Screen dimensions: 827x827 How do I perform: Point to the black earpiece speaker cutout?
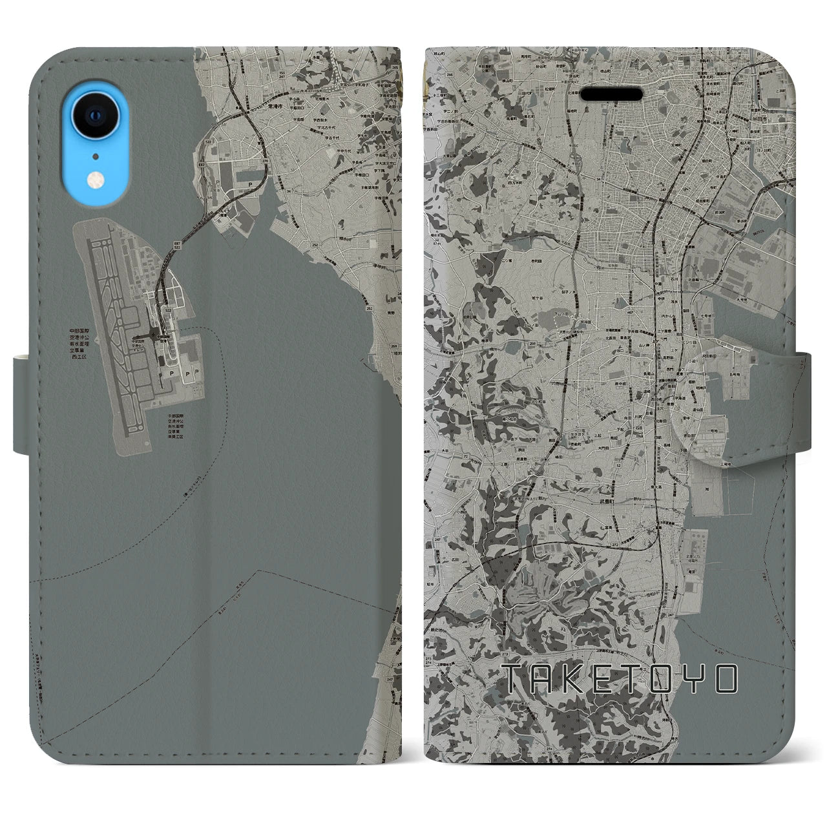[611, 94]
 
